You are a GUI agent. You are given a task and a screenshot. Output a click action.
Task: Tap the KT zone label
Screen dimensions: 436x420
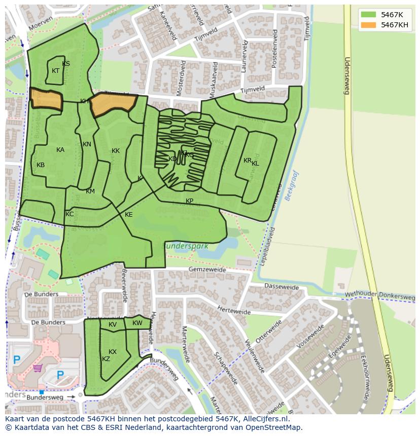click(56, 71)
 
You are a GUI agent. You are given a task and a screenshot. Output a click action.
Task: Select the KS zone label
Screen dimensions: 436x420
click(66, 64)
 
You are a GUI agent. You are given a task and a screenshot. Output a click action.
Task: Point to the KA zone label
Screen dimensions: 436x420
click(60, 150)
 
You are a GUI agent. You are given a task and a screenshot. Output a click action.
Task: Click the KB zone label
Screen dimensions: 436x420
click(41, 165)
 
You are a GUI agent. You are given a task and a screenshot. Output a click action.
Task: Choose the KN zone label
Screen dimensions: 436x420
click(87, 144)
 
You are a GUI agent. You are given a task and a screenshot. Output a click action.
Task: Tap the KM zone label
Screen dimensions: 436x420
click(90, 191)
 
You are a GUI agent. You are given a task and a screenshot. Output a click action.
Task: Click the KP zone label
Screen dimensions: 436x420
click(189, 201)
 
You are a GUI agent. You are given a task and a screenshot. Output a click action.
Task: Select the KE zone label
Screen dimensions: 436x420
click(129, 215)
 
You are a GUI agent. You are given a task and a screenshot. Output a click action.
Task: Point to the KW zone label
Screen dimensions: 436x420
click(137, 323)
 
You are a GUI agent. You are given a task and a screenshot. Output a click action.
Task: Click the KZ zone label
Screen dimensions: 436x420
click(106, 359)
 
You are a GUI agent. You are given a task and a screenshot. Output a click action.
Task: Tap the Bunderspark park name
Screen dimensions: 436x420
click(185, 246)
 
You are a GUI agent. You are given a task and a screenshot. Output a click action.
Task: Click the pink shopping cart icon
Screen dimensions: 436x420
click(37, 368)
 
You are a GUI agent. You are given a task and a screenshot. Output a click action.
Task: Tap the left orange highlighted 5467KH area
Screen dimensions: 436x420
click(46, 99)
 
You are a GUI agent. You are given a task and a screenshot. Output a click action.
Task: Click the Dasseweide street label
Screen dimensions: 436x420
click(282, 287)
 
